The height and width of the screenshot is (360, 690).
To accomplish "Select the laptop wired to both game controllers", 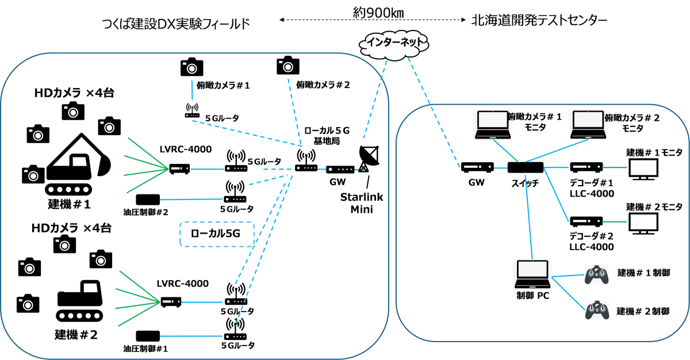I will [531, 273].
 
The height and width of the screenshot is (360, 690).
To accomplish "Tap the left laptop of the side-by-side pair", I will [492, 124].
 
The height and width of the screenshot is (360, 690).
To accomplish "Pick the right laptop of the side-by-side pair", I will [588, 124].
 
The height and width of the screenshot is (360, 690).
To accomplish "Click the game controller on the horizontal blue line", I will [597, 274].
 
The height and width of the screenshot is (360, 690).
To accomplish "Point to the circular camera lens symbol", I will [101, 261].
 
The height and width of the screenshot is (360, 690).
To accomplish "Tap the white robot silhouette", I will [80, 282].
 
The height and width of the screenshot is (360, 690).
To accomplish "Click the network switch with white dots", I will [342, 170].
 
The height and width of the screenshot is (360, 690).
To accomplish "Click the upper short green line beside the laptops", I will [614, 168].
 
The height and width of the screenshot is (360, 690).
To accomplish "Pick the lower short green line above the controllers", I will [614, 223].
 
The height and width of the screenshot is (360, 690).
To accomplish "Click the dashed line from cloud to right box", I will [434, 112].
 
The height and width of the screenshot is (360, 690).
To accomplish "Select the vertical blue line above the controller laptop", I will [528, 219].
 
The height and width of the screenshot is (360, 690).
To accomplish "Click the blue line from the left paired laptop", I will [507, 151].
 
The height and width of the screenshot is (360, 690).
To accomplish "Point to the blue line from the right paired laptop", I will [555, 151].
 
